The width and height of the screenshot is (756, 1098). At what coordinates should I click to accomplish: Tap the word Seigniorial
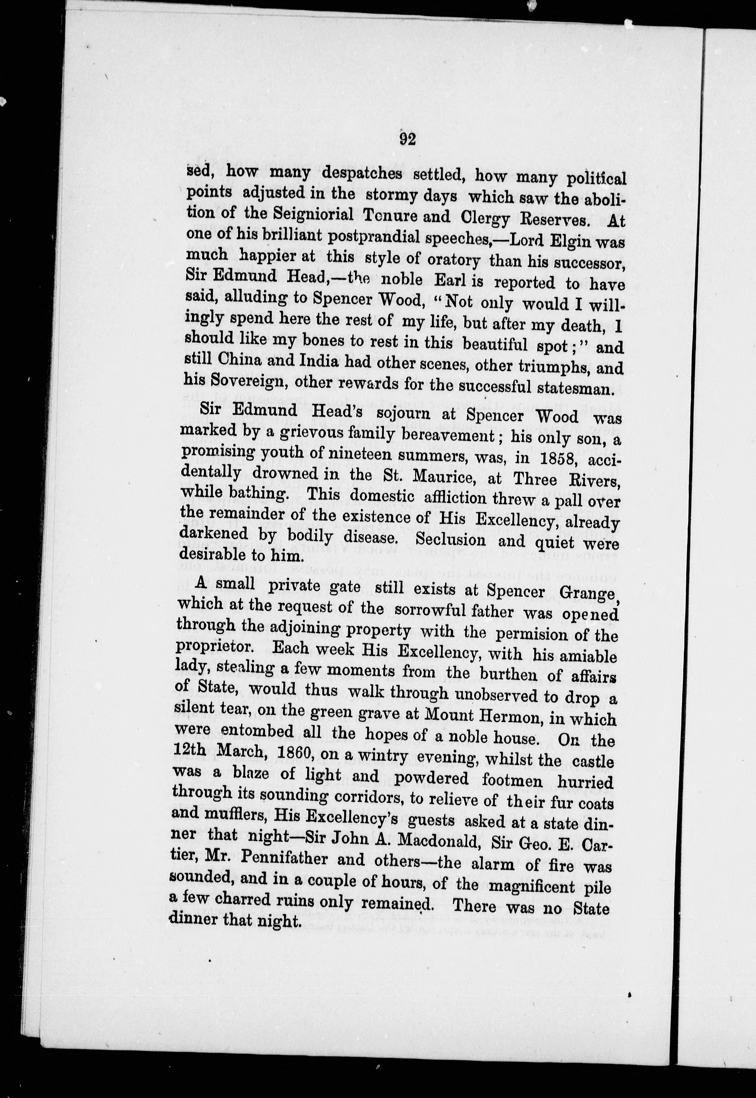point(313,215)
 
